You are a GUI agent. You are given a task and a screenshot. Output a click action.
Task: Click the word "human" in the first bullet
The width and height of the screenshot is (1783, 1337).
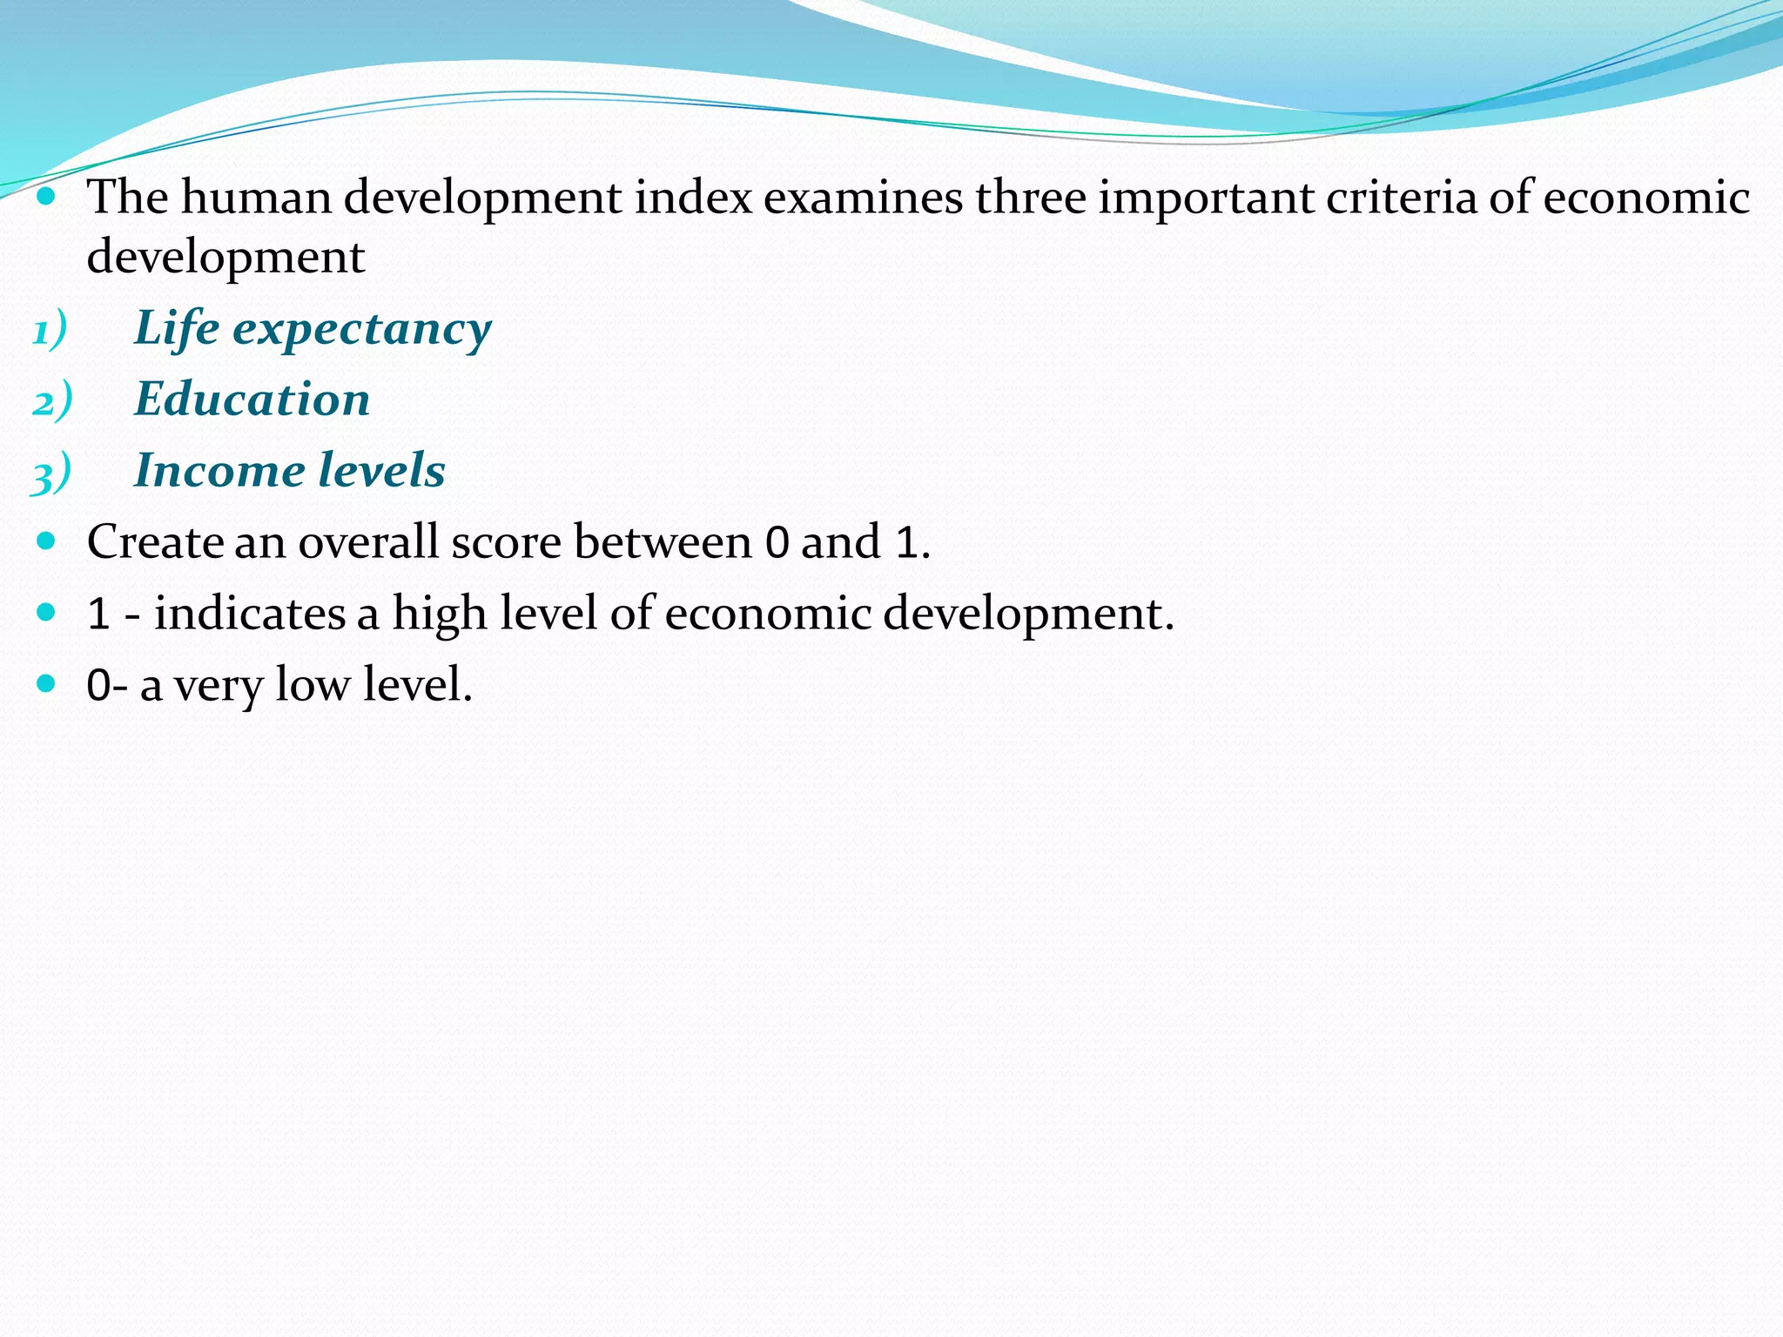click(x=256, y=197)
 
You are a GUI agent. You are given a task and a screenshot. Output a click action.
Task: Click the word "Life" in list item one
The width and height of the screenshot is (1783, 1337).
click(x=177, y=328)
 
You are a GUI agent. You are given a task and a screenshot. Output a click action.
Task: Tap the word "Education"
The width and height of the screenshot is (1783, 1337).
click(x=252, y=400)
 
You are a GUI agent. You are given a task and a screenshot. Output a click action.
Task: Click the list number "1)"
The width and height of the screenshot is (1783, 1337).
click(x=50, y=332)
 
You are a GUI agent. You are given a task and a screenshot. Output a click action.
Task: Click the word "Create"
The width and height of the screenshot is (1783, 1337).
click(x=154, y=541)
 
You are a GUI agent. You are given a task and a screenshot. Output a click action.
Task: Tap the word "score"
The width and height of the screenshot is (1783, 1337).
click(x=506, y=541)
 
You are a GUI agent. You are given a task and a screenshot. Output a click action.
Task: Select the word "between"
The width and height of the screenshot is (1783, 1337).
click(x=663, y=541)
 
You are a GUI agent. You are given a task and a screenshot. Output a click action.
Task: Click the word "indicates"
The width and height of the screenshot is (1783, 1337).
click(x=249, y=613)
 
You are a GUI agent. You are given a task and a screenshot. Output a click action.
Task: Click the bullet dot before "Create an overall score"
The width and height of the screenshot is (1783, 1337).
click(x=47, y=541)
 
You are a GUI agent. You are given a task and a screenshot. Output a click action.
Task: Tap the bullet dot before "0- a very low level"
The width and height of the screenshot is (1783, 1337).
click(x=47, y=683)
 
